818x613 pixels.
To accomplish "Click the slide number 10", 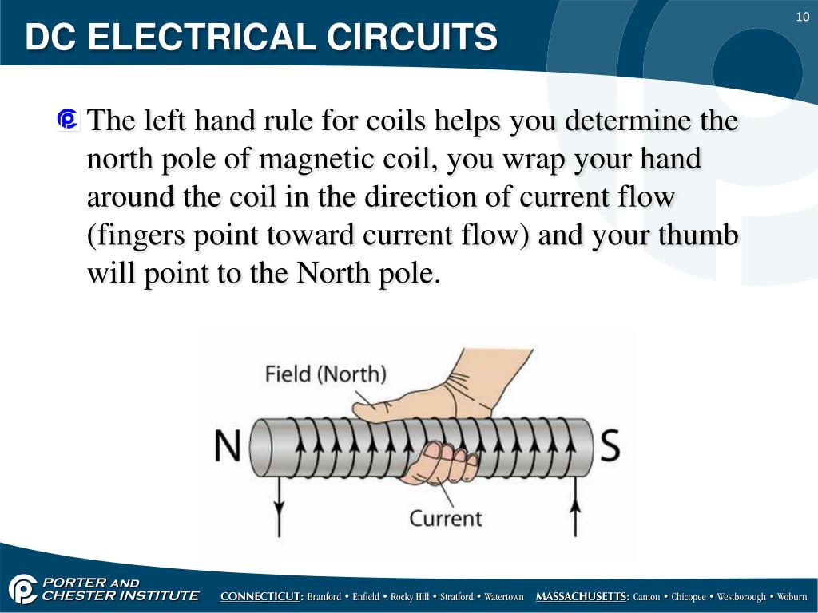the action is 802,18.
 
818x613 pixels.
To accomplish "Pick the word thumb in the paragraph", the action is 700,235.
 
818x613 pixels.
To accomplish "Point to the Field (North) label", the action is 325,374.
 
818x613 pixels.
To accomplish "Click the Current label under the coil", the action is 446,518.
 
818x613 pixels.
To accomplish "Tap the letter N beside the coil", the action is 227,447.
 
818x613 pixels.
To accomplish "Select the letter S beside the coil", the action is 610,447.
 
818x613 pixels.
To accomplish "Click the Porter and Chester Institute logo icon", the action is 22,590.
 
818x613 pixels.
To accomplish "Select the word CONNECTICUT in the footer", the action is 261,597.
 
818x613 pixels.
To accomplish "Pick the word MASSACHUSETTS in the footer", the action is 582,597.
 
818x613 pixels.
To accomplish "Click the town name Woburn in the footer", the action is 792,597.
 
